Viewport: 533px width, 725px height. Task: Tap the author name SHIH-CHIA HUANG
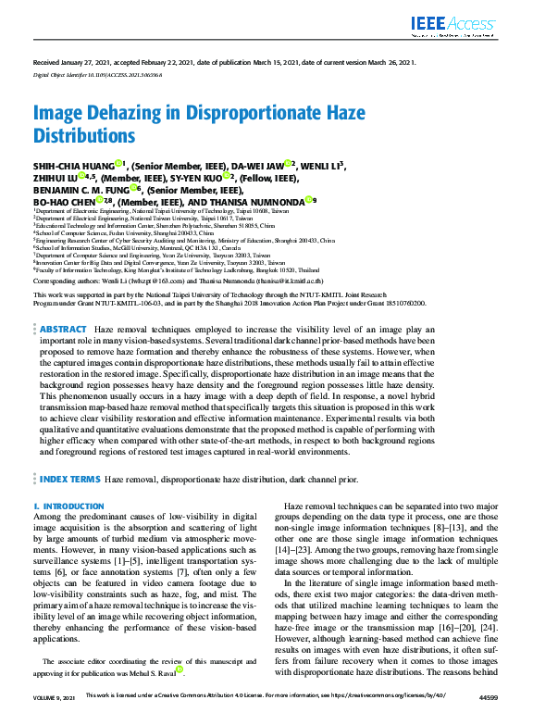(73, 166)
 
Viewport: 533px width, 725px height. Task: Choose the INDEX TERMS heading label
(69, 480)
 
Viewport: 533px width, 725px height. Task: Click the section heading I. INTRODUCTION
(68, 506)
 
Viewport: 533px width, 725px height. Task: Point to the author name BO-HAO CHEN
(66, 199)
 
